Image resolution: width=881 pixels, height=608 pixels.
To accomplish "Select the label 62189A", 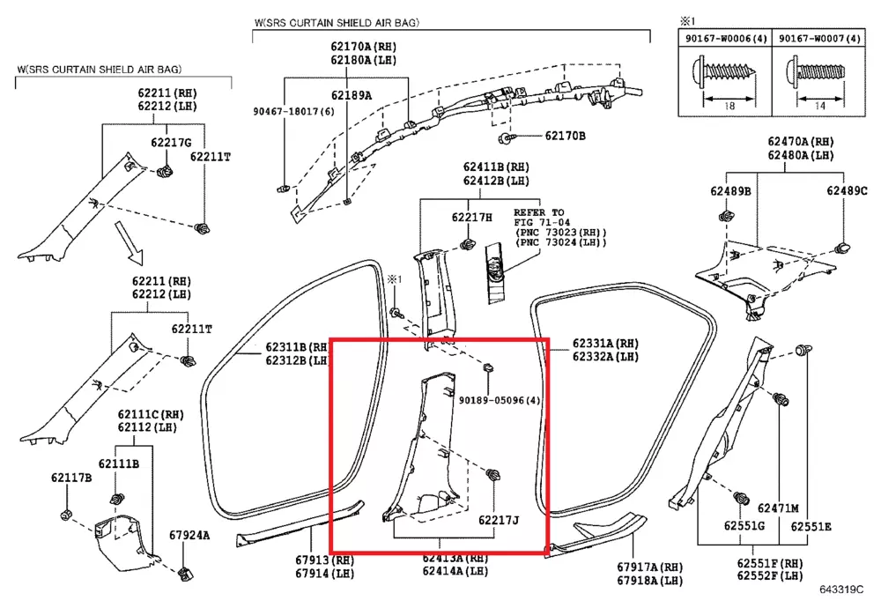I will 352,95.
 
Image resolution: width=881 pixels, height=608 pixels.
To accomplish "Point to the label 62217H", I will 472,218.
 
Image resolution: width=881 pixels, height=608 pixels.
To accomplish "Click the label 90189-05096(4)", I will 500,400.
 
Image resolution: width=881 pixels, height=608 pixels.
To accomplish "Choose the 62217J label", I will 499,521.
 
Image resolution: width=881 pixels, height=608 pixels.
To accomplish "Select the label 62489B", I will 731,191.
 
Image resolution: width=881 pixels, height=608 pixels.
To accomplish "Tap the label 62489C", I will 847,191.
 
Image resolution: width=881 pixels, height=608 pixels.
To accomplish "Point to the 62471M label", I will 778,508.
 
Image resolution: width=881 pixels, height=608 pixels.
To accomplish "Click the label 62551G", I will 744,527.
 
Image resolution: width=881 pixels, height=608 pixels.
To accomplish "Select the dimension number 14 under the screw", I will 818,106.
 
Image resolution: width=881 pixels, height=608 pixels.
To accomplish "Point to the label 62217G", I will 171,143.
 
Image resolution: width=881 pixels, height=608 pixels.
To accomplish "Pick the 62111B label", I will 118,464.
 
